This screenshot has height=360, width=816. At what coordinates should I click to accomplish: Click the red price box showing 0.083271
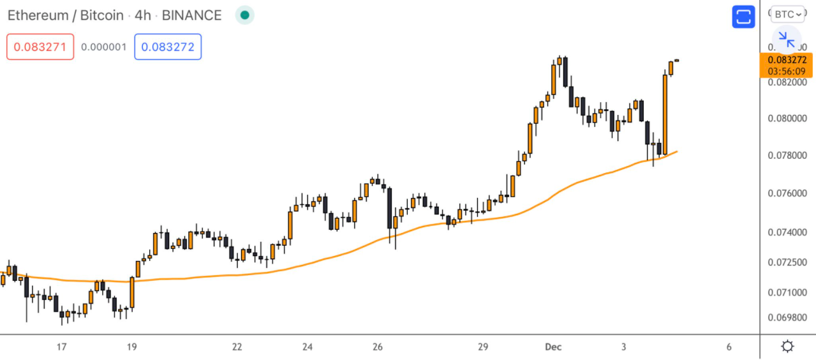(x=40, y=47)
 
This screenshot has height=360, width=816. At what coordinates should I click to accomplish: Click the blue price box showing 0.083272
(x=168, y=47)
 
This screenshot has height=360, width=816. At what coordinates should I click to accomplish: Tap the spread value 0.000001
(x=104, y=47)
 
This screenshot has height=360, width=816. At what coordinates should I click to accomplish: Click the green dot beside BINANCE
(x=244, y=15)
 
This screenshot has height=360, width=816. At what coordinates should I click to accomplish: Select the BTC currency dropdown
(x=788, y=14)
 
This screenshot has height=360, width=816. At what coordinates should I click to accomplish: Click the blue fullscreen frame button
(x=743, y=17)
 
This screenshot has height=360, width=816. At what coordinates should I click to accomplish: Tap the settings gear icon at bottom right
(x=788, y=347)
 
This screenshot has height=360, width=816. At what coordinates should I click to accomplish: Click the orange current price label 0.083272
(x=787, y=60)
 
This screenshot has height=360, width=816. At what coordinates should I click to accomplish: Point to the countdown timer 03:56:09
(x=787, y=71)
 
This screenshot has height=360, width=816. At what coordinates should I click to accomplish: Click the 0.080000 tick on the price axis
(x=787, y=119)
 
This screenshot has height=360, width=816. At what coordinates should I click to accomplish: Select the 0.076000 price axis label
(x=787, y=193)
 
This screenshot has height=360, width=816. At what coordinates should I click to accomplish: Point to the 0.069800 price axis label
(x=787, y=317)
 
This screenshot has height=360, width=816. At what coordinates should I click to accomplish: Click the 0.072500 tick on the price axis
(x=787, y=262)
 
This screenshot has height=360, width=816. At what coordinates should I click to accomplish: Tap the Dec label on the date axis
(x=553, y=347)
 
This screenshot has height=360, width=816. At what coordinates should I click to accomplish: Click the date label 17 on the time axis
(x=61, y=347)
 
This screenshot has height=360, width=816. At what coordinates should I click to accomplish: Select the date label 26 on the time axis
(x=377, y=347)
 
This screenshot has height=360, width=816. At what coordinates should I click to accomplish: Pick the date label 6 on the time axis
(x=729, y=347)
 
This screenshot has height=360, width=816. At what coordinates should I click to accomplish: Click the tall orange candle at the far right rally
(x=665, y=115)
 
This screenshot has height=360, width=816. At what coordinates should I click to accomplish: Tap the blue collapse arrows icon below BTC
(x=786, y=40)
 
